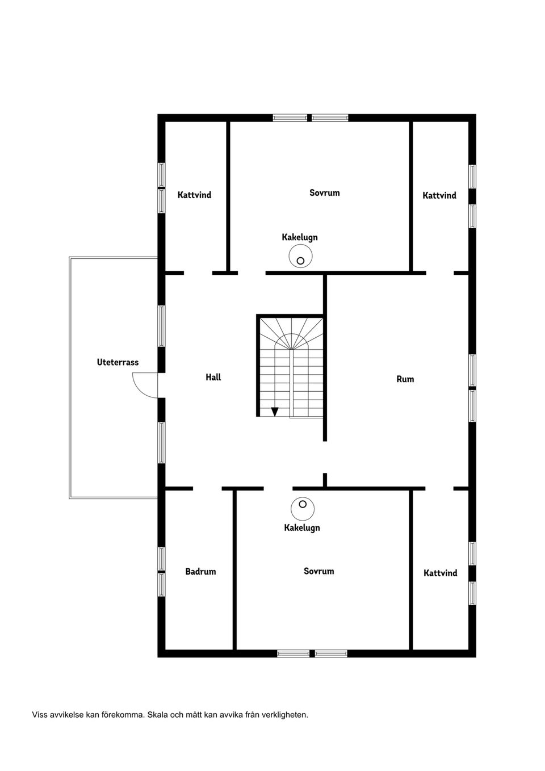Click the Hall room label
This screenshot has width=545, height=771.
[x=213, y=377]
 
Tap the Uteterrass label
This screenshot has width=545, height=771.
[x=118, y=362]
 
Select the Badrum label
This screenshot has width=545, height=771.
[x=200, y=571]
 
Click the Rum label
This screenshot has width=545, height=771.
[x=405, y=379]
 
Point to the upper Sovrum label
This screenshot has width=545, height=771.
[x=325, y=193]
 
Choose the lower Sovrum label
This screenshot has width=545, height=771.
[x=318, y=571]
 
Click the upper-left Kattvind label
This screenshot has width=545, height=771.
[x=194, y=195]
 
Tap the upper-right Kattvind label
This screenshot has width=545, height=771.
[x=439, y=195]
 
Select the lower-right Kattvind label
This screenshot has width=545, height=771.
[x=441, y=573]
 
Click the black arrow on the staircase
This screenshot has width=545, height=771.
[x=275, y=412]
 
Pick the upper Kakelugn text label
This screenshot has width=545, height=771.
[x=300, y=237]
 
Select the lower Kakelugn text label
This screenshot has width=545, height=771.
[x=302, y=527]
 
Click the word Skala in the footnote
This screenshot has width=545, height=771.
[x=157, y=715]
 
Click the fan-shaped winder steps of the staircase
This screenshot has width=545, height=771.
[x=292, y=333]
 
